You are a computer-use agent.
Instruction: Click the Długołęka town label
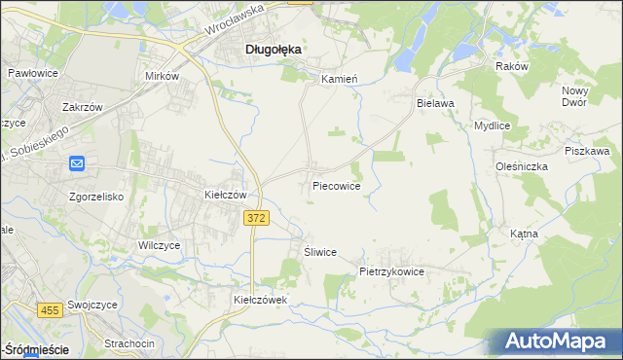pos(272,48)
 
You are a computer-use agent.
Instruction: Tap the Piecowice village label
pos(337,185)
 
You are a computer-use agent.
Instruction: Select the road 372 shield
pos(256,220)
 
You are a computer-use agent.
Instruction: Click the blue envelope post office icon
pos(79,165)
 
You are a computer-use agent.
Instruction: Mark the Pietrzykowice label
pos(391,272)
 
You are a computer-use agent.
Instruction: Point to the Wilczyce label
pos(160,246)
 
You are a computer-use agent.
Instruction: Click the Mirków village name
pos(163,75)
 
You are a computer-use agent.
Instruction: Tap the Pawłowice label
pos(33,73)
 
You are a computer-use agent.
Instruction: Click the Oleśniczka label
pos(520,166)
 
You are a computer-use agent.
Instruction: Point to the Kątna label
pos(551,234)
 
